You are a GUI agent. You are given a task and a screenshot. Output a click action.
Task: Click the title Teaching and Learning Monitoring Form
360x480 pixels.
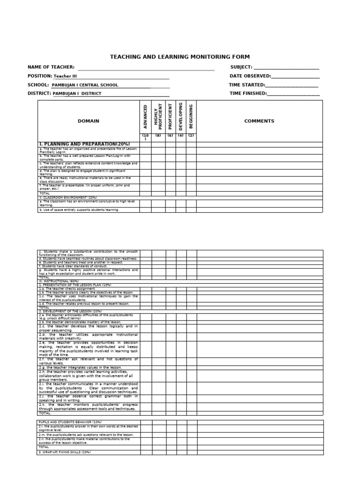tap(180, 57)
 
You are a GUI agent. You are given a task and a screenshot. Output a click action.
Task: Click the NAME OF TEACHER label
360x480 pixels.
tap(51, 67)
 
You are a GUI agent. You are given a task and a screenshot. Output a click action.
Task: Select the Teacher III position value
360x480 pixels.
tap(65, 76)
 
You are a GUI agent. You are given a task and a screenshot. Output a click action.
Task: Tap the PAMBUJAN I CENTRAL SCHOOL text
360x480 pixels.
tap(85, 85)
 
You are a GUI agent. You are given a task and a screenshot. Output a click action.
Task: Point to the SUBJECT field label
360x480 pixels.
tap(241, 67)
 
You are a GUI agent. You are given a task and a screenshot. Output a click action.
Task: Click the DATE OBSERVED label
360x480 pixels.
tap(250, 76)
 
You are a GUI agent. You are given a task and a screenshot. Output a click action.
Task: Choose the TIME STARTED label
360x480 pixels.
tap(247, 85)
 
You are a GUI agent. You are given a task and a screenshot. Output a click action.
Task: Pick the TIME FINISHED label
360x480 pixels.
tap(247, 93)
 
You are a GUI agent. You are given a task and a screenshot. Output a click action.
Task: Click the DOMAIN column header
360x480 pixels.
tap(89, 121)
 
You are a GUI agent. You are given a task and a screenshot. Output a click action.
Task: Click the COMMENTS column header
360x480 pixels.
tap(259, 121)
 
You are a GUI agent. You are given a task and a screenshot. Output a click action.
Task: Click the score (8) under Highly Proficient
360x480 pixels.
tap(157, 135)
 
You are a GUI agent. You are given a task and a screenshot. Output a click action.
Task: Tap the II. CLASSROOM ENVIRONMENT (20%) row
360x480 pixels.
tap(68, 198)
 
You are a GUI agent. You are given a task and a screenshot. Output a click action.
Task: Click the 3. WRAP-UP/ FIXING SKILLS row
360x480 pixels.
tap(65, 452)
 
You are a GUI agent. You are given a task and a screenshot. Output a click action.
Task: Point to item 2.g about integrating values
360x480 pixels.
tap(80, 367)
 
